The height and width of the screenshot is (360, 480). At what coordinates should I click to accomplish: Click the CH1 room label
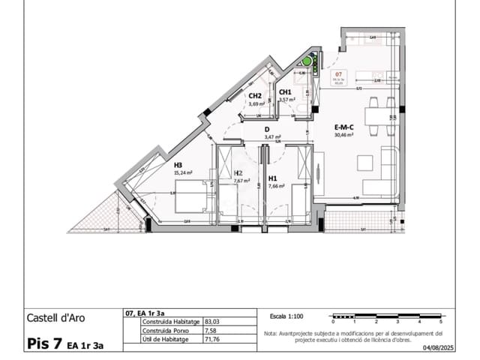tap(285, 92)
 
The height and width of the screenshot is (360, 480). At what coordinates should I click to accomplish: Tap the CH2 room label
tap(255, 96)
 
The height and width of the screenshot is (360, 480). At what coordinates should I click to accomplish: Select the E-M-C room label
tap(344, 127)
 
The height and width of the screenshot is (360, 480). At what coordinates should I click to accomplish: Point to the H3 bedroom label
tap(178, 165)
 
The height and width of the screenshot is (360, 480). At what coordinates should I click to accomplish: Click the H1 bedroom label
tap(273, 178)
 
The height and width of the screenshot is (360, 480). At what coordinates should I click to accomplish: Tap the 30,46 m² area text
tap(345, 135)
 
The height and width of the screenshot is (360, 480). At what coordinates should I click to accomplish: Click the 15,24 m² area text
tap(183, 172)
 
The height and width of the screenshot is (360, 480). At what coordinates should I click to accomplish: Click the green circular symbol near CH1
tap(307, 61)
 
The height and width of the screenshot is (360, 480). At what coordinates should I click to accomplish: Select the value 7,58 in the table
tap(200, 331)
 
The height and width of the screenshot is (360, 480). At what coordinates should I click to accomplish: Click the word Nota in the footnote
tap(271, 332)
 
